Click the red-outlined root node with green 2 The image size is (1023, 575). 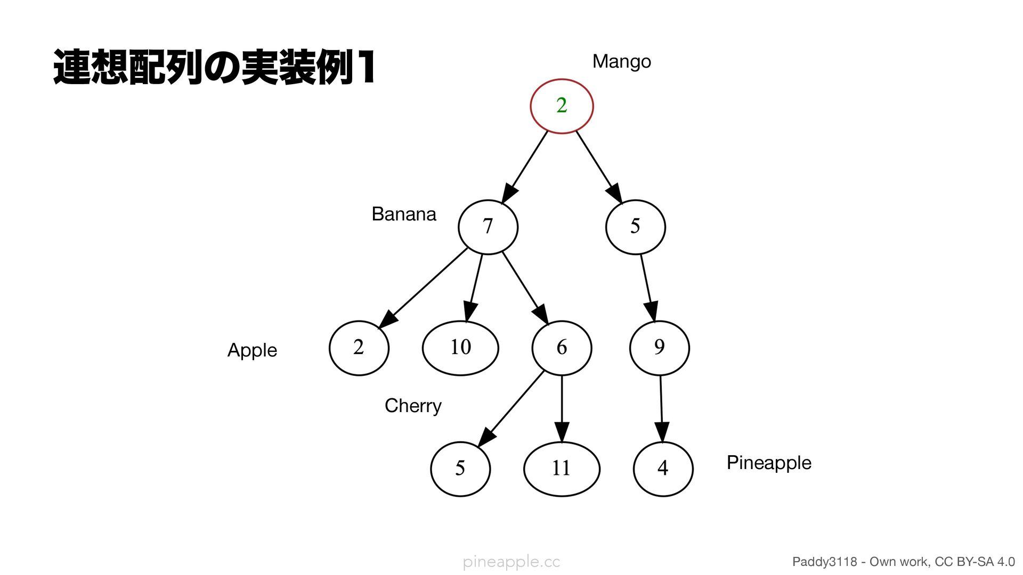(562, 106)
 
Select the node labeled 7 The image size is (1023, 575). (488, 227)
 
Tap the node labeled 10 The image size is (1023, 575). (460, 348)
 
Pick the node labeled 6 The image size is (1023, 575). (562, 348)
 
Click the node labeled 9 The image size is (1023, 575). (659, 348)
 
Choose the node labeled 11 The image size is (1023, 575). (562, 469)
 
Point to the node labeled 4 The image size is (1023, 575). (663, 469)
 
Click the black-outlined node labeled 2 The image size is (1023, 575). (359, 348)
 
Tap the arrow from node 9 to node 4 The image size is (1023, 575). (661, 407)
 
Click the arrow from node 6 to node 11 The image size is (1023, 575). (562, 407)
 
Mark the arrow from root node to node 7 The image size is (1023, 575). (525, 166)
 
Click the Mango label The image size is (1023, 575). (621, 62)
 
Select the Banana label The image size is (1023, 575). (403, 214)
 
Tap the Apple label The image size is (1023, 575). (252, 350)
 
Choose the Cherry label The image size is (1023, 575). (413, 406)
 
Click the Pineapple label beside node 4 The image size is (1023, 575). (768, 463)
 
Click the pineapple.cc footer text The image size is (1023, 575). (511, 562)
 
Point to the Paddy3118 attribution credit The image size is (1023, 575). (903, 562)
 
